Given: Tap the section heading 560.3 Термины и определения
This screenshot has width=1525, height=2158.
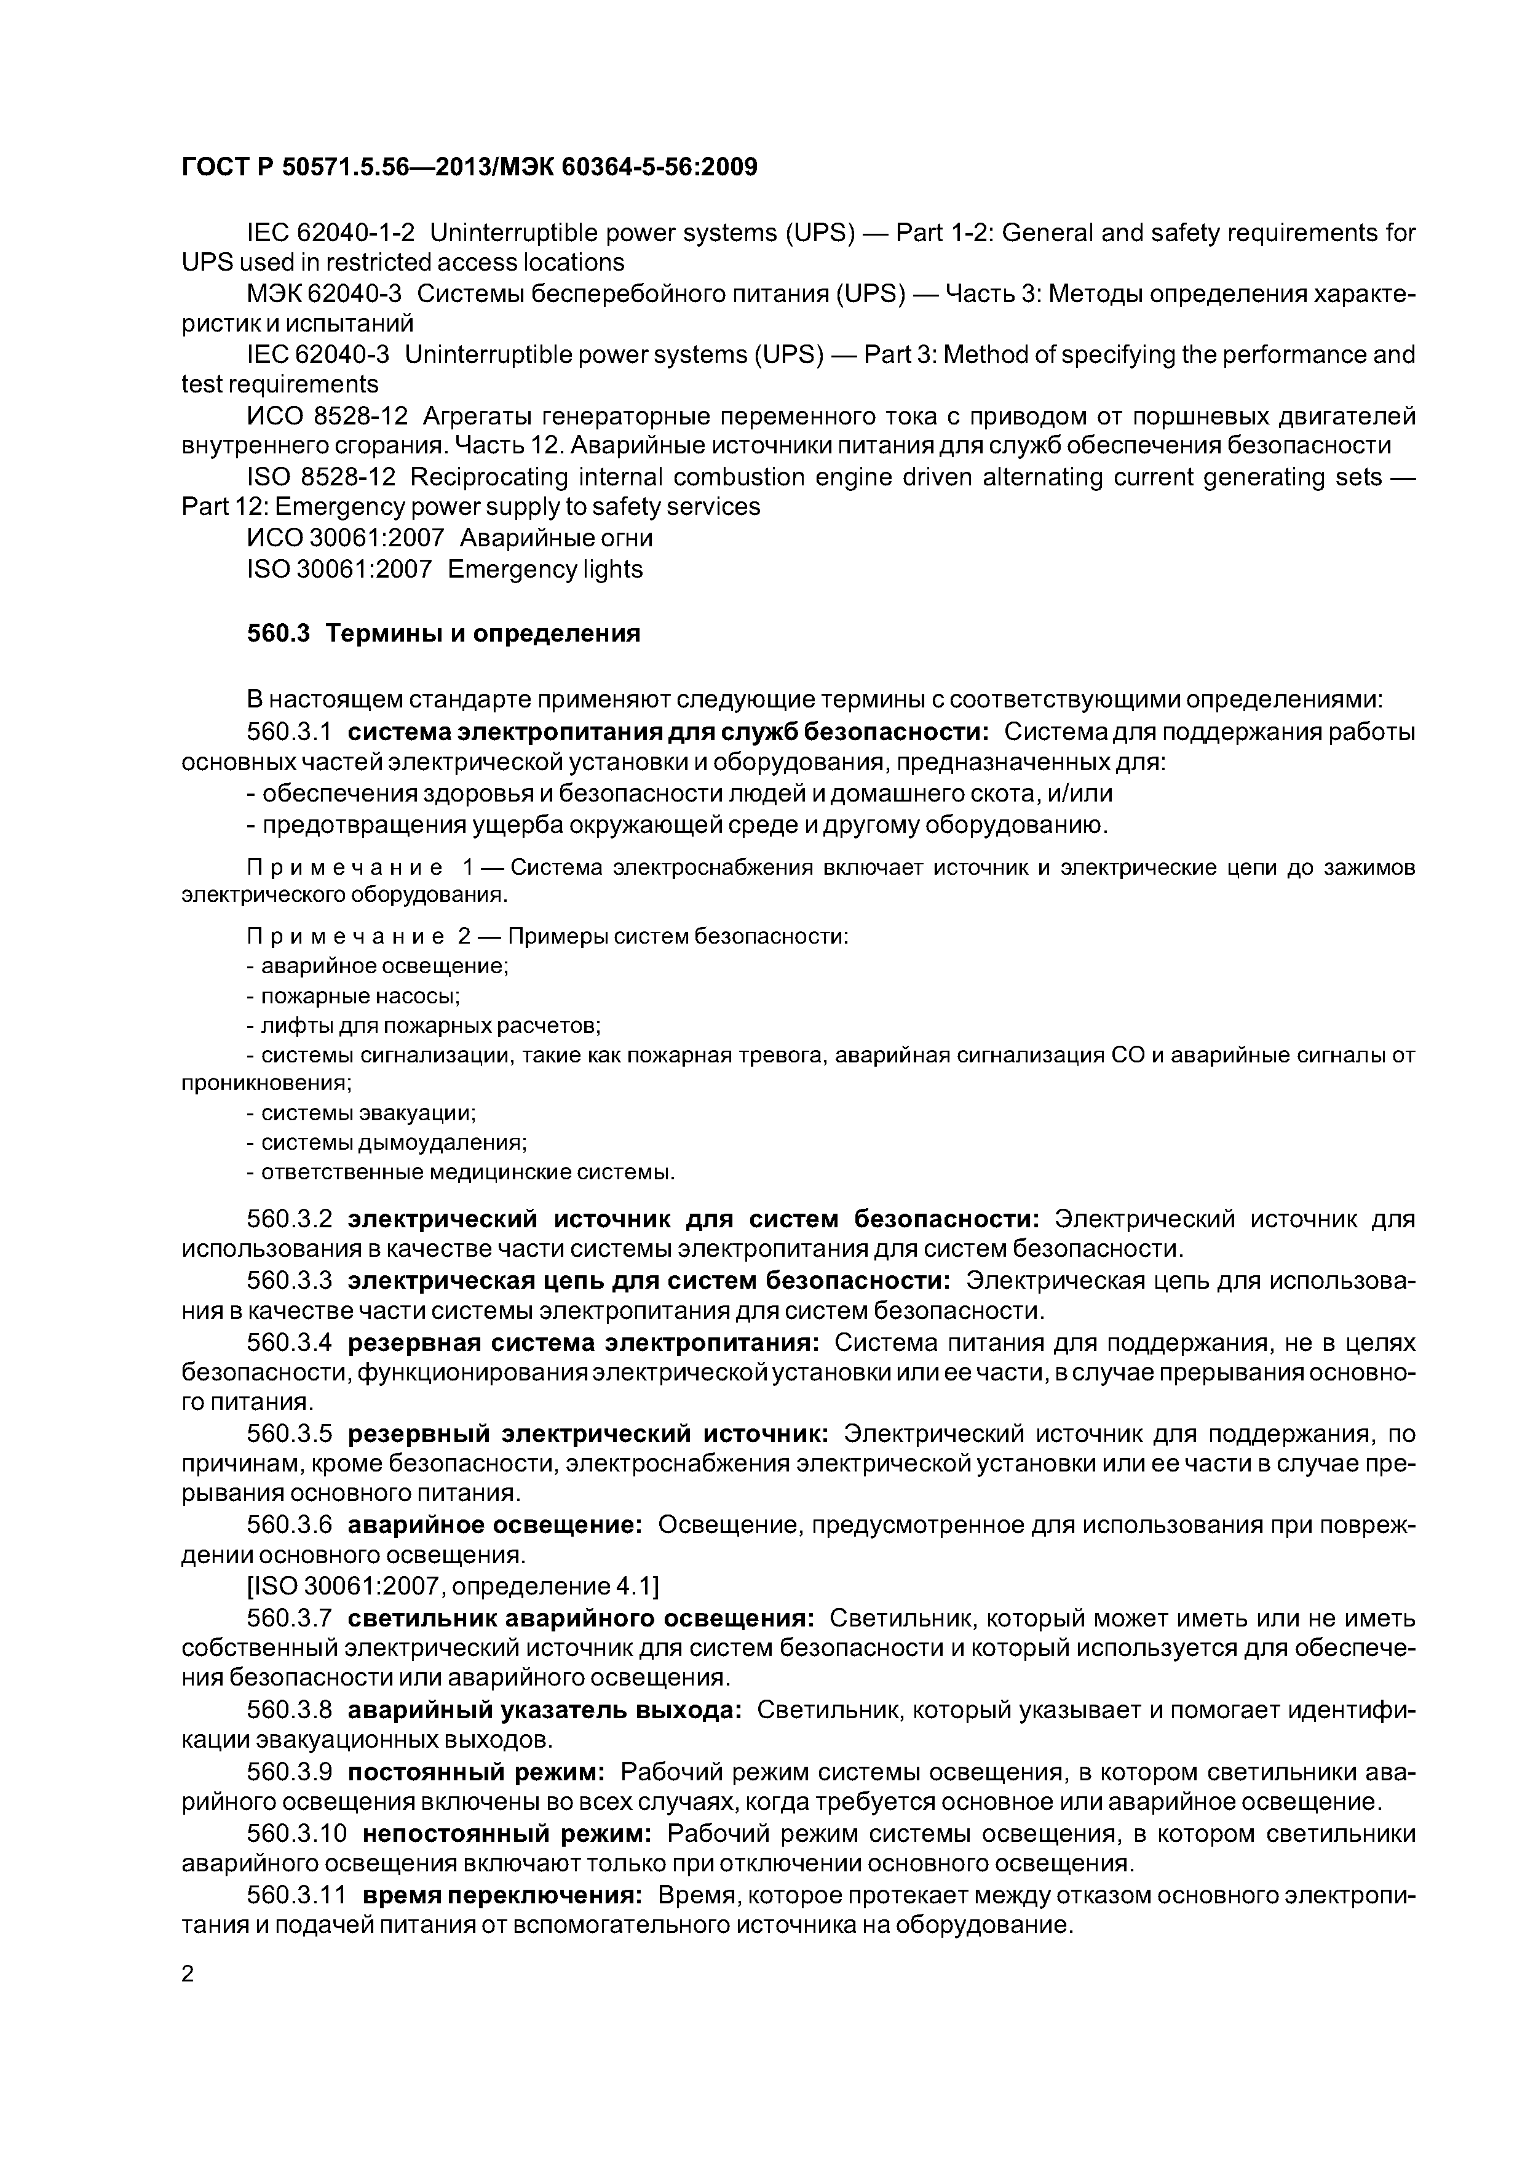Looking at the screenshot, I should point(443,634).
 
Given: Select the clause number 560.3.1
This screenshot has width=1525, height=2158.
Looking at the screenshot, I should point(290,732).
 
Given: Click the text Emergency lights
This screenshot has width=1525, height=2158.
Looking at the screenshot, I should point(545,570).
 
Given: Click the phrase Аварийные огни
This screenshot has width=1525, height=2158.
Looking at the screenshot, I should point(555,538).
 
